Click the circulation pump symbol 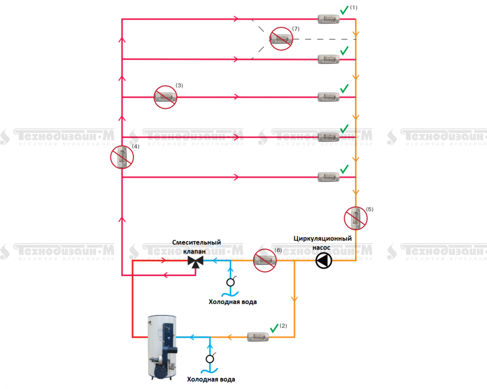323,261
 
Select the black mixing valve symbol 195,261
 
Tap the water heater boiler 162,346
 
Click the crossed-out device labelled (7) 281,39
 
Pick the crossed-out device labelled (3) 165,97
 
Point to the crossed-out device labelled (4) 122,157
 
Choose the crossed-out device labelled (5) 356,218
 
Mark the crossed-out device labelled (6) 265,260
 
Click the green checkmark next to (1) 344,10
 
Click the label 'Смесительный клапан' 197,247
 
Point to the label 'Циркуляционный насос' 322,243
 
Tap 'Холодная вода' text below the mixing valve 232,302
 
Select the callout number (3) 179,86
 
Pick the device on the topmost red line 328,19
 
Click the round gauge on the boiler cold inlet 210,359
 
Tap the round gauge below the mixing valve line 230,282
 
